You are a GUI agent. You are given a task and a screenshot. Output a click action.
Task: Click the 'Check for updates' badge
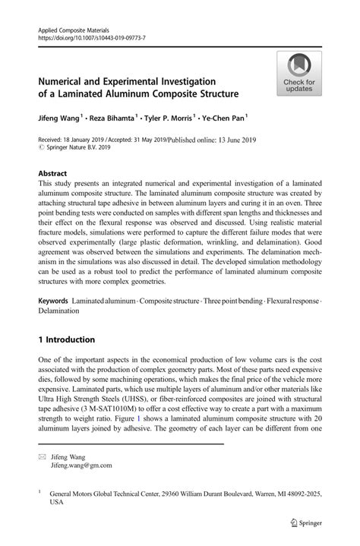(x=299, y=74)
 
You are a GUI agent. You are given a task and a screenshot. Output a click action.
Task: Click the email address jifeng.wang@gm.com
(x=81, y=465)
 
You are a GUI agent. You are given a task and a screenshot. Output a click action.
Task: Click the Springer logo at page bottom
(x=305, y=522)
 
